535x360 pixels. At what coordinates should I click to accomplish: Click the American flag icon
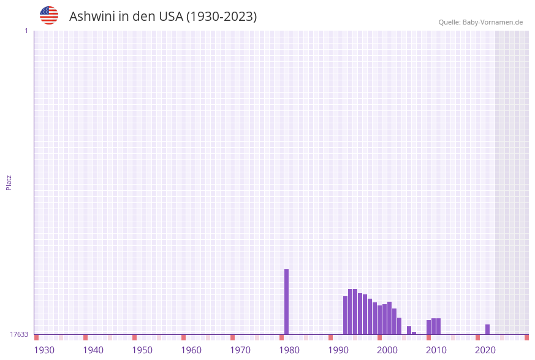[x=49, y=15]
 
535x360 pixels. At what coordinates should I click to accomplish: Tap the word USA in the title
[x=167, y=17]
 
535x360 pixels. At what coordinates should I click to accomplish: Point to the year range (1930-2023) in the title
[x=221, y=17]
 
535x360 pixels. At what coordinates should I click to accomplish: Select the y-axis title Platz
[x=9, y=182]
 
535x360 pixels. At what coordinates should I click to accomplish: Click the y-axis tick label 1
[x=26, y=31]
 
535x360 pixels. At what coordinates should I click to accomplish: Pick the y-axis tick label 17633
[x=19, y=334]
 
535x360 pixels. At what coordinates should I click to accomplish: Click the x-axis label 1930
[x=44, y=350]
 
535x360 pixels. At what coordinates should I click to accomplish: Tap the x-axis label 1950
[x=142, y=350]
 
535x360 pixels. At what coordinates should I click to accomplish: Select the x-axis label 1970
[x=240, y=350]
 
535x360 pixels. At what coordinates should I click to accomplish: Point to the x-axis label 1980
[x=289, y=350]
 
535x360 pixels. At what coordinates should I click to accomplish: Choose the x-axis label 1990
[x=338, y=350]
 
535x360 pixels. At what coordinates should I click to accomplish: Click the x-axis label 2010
[x=436, y=350]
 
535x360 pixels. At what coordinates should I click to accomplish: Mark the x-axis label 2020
[x=485, y=350]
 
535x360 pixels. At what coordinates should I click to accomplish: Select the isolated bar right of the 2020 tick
[x=487, y=329]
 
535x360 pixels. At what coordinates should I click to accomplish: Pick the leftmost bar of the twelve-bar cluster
[x=345, y=315]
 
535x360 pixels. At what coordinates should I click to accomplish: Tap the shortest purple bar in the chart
[x=414, y=333]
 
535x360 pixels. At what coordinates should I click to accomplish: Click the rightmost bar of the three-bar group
[x=438, y=326]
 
